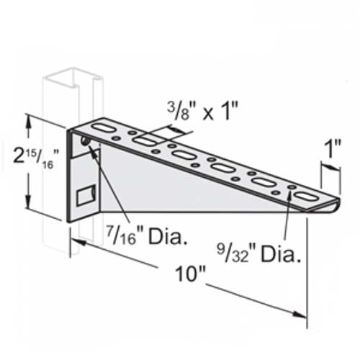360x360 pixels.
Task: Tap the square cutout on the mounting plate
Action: pos(86,194)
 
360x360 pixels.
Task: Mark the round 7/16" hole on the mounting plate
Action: pos(86,143)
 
